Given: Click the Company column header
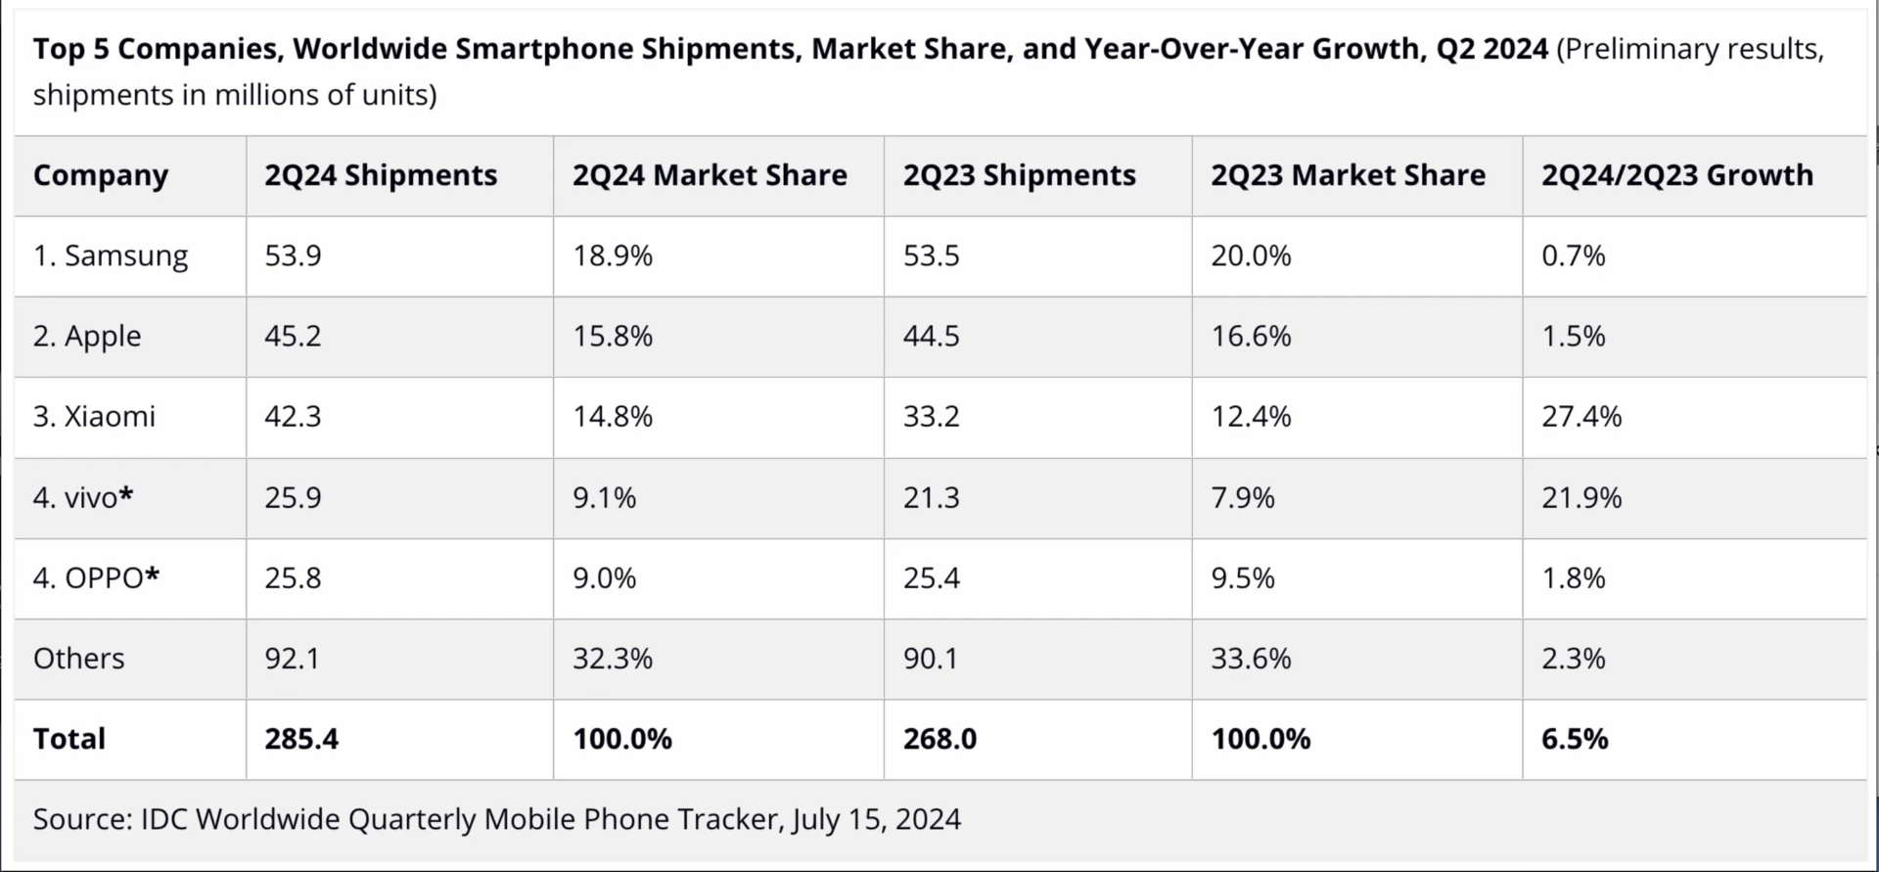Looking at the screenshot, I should [101, 175].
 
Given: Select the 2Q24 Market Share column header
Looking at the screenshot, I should [710, 175].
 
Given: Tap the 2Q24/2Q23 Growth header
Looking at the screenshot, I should [1676, 175].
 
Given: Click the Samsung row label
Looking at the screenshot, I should [111, 256].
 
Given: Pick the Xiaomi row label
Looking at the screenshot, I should [94, 417].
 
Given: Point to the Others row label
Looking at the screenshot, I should [78, 659].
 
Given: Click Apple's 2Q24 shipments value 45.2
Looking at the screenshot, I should [293, 337].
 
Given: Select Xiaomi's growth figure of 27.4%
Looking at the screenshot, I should [1581, 417].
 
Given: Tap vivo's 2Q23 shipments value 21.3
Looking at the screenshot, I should [931, 498].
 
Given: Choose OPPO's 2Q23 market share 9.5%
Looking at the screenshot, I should [1243, 578].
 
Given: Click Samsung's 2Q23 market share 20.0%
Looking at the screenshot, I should [1251, 256].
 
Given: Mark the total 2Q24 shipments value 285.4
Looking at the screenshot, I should [301, 739].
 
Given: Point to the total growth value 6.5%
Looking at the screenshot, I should [1575, 739].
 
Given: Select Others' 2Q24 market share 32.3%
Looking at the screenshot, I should [613, 659].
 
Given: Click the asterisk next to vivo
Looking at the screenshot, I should [126, 494].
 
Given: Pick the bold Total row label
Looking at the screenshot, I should [69, 739].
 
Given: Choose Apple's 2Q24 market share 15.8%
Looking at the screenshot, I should [613, 337].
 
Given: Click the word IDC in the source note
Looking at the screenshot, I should [163, 819].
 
